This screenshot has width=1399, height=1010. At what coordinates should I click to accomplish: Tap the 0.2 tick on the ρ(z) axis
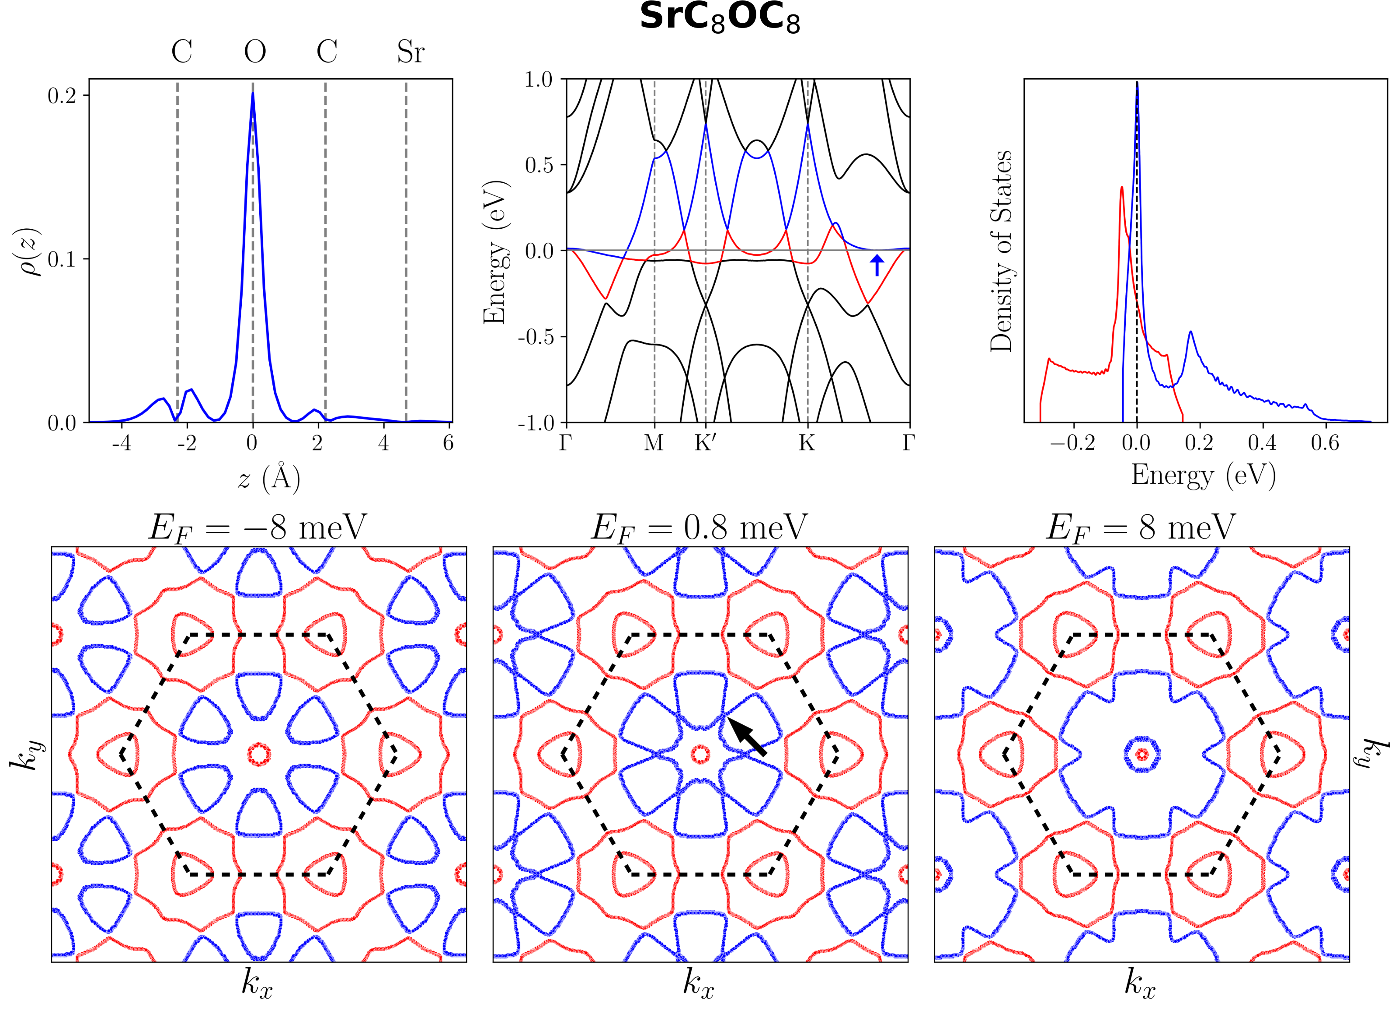(62, 96)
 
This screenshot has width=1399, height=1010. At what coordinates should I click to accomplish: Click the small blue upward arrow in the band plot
(877, 266)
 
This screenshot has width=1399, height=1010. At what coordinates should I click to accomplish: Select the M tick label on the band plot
(654, 443)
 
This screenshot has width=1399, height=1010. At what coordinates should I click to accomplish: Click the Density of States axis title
(1001, 251)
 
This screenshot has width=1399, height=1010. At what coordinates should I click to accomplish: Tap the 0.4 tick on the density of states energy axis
(1262, 443)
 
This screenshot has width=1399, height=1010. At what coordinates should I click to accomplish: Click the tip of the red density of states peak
(1121, 188)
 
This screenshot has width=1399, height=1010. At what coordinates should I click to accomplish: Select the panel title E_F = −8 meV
(257, 528)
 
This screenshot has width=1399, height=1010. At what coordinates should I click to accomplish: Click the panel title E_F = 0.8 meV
(699, 528)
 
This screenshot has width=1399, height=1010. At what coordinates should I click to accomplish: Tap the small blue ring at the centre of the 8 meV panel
(1142, 754)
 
